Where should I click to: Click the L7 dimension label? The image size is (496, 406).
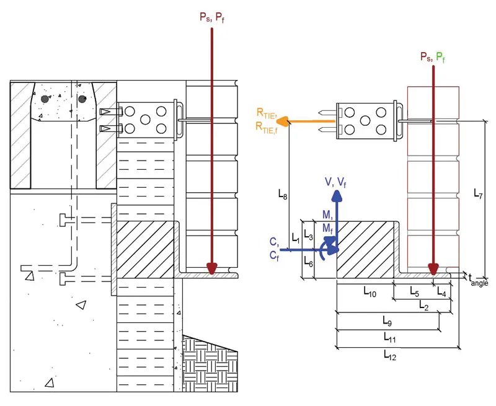[x=478, y=193]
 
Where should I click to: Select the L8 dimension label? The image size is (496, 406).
[x=283, y=194]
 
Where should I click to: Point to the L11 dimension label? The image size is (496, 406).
[x=390, y=337]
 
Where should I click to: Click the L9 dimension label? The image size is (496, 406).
[x=387, y=320]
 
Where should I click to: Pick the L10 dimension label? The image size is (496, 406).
[x=370, y=292]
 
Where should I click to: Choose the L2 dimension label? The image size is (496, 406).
[x=423, y=306]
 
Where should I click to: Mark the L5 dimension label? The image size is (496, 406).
[x=414, y=291]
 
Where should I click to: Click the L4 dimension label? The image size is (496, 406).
[x=441, y=292]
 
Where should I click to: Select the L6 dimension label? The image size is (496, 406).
[x=308, y=262]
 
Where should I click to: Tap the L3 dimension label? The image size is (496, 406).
[x=308, y=235]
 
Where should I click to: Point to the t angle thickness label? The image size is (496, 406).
[x=478, y=280]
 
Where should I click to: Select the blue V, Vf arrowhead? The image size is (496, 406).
[x=337, y=195]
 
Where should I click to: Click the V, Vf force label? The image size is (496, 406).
[x=335, y=182]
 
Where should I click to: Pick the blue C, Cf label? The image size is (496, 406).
[x=275, y=249]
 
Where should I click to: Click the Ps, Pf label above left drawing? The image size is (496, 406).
[x=212, y=17]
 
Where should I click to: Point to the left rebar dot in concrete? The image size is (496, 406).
[x=45, y=99]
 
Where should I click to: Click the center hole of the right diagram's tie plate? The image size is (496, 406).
[x=365, y=121]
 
